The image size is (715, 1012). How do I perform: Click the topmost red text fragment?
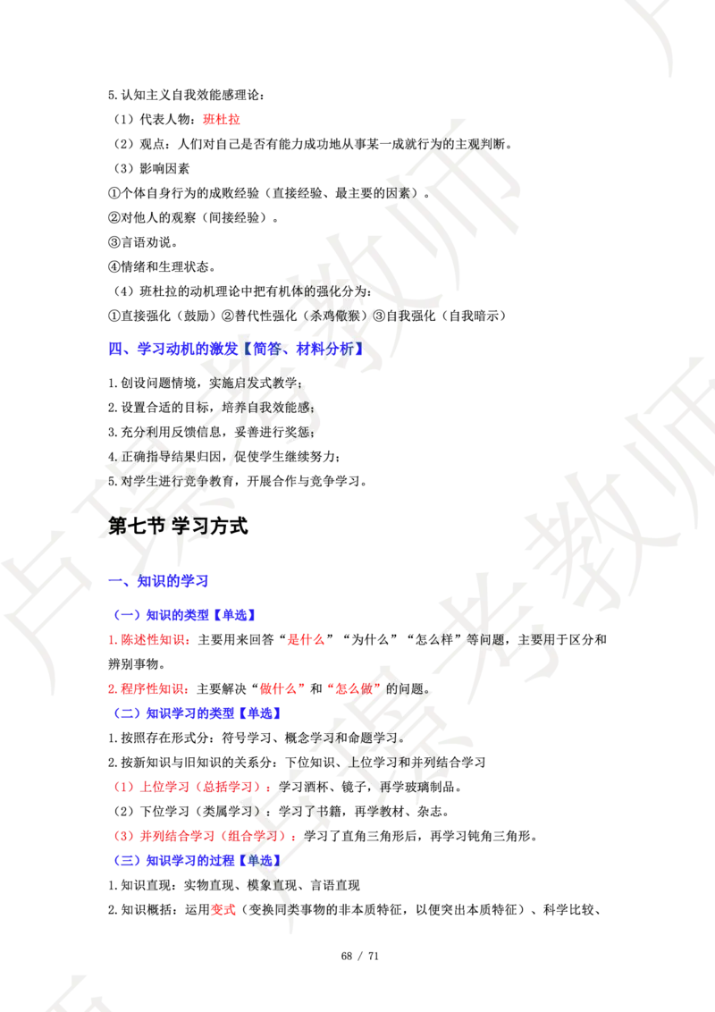[x=221, y=120]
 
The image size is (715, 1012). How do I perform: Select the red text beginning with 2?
[x=147, y=688]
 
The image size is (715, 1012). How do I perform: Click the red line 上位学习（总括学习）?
[x=192, y=788]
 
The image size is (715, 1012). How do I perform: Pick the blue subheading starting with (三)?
[x=197, y=861]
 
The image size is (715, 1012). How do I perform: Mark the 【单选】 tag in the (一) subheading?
[x=236, y=615]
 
